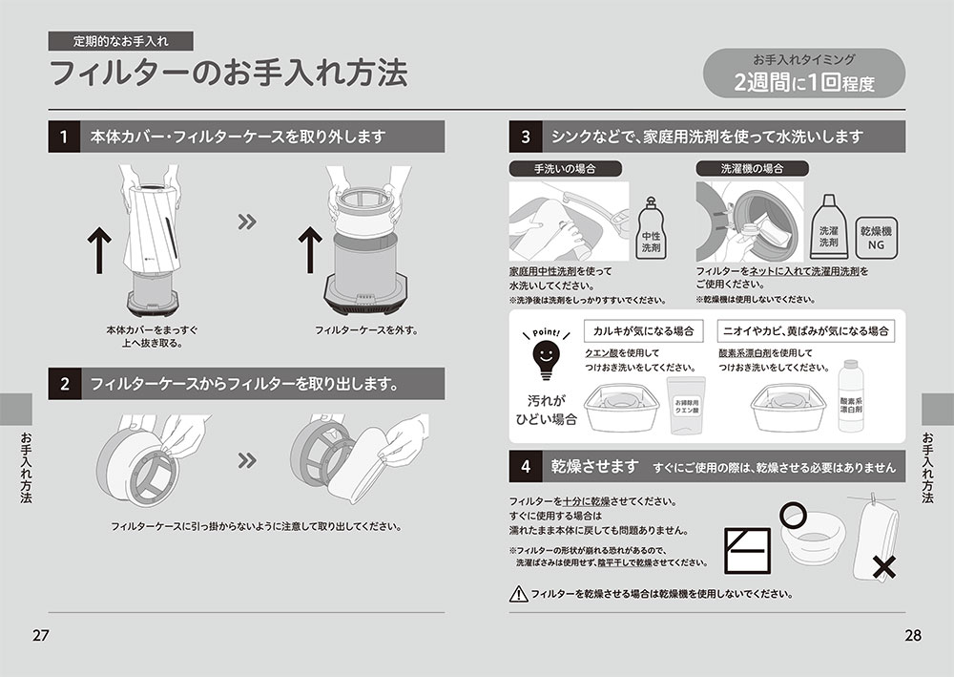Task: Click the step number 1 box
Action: [x=64, y=137]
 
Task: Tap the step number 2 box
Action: [x=64, y=384]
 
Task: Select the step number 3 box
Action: [x=525, y=137]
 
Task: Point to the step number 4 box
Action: [x=525, y=466]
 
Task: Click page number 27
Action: [x=40, y=636]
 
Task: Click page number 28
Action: [x=913, y=636]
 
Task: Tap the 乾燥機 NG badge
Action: [x=876, y=238]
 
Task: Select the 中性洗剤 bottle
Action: [x=651, y=229]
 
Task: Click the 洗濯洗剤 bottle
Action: [x=828, y=226]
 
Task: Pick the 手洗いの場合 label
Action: [x=565, y=169]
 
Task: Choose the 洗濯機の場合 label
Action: [x=752, y=169]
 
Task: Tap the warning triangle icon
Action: [x=518, y=594]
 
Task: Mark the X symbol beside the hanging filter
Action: [x=883, y=567]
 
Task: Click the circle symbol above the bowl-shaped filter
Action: [x=793, y=516]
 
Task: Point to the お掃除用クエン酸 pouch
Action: [x=686, y=405]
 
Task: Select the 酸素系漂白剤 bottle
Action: [x=851, y=396]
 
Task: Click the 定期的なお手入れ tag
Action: [x=120, y=41]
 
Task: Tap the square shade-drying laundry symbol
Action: [x=748, y=551]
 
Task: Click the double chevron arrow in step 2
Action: [x=247, y=460]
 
